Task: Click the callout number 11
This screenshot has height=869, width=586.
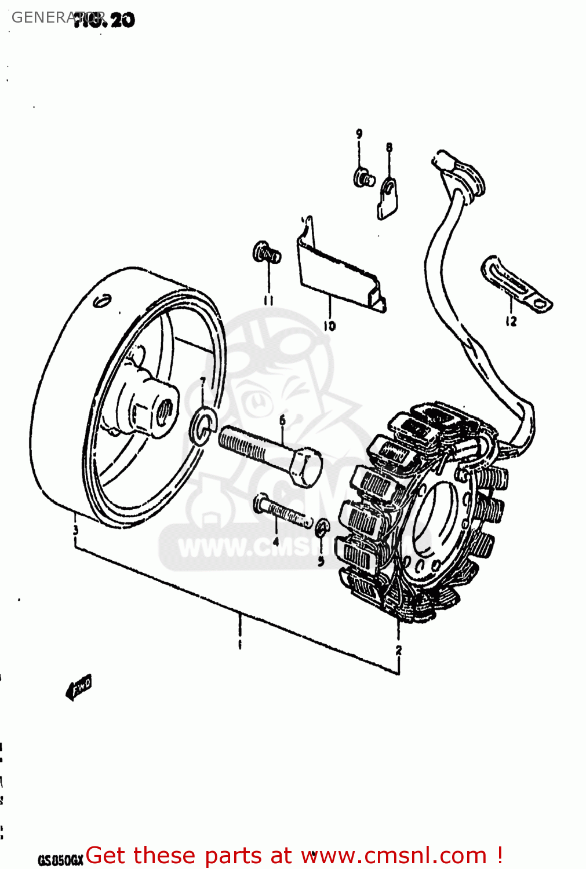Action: (268, 300)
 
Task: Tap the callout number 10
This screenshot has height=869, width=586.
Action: (330, 326)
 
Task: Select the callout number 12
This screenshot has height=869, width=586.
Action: (511, 321)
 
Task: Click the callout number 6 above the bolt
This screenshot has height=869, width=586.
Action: (282, 419)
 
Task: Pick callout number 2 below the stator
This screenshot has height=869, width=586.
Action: (398, 650)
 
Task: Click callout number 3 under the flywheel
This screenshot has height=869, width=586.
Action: (75, 530)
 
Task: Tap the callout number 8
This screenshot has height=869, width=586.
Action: (389, 148)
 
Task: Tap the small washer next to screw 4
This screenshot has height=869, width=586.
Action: (322, 528)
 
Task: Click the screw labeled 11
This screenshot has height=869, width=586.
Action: (266, 253)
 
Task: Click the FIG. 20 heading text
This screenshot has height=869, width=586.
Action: (104, 20)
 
